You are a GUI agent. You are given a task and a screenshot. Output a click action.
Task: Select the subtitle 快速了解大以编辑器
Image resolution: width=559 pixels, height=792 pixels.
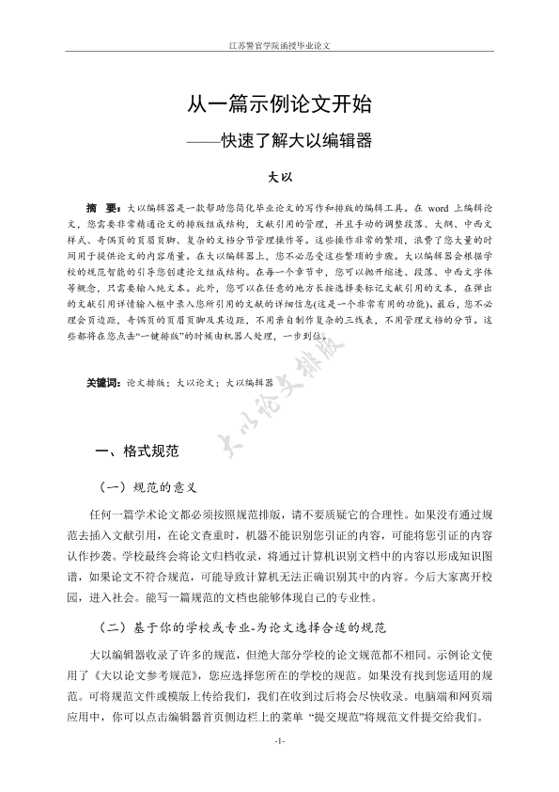[x=296, y=141]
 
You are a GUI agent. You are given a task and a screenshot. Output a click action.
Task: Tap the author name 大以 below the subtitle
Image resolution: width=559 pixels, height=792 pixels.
[x=279, y=176]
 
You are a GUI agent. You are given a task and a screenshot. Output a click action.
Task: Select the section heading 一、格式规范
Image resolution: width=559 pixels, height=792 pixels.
[x=137, y=451]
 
